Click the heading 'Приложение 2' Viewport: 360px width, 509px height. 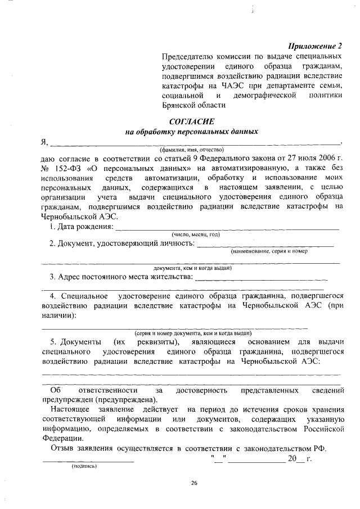316,46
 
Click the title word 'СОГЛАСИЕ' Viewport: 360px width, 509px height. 191,122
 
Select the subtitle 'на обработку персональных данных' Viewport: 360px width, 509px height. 191,132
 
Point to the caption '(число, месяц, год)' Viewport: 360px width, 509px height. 195,234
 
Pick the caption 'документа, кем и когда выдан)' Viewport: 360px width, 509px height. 193,268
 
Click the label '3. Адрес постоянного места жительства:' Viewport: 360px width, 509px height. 121,277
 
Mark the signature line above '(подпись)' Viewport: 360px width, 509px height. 88,461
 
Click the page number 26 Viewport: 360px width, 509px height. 194,483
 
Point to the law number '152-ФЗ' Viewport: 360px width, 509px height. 69,168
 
